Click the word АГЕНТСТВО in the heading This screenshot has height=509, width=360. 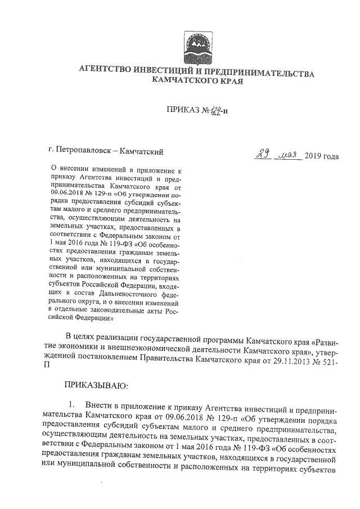point(101,73)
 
